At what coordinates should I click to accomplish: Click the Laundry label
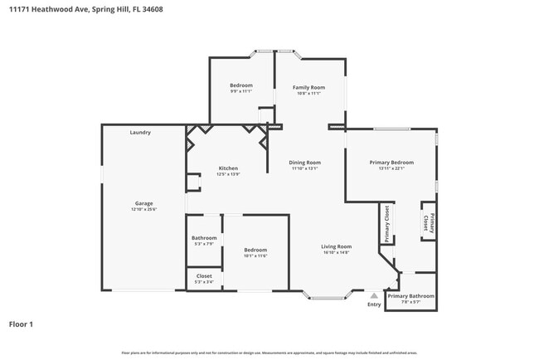tap(140, 133)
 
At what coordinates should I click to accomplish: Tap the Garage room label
tap(144, 203)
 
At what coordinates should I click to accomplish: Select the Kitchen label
tap(228, 168)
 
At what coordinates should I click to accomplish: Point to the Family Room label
tap(308, 86)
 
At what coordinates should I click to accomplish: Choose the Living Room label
tap(337, 246)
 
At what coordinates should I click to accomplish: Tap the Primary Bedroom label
tap(391, 162)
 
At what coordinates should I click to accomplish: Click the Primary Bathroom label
tap(410, 296)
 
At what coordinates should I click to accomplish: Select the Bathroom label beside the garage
tap(204, 238)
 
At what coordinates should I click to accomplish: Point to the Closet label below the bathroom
tap(204, 276)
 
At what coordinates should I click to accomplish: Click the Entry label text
tap(375, 304)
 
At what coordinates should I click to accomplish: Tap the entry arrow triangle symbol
tap(375, 294)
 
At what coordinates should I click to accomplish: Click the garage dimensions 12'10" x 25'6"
tap(144, 209)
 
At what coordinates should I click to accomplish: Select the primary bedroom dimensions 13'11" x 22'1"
tap(391, 168)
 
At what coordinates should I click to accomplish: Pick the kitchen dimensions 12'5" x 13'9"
tap(228, 174)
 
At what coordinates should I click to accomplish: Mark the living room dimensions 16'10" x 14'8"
tap(337, 252)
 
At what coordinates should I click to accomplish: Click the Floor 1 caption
tap(21, 324)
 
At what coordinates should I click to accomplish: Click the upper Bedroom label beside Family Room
tap(241, 85)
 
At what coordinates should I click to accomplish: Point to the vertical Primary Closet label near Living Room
tap(386, 224)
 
